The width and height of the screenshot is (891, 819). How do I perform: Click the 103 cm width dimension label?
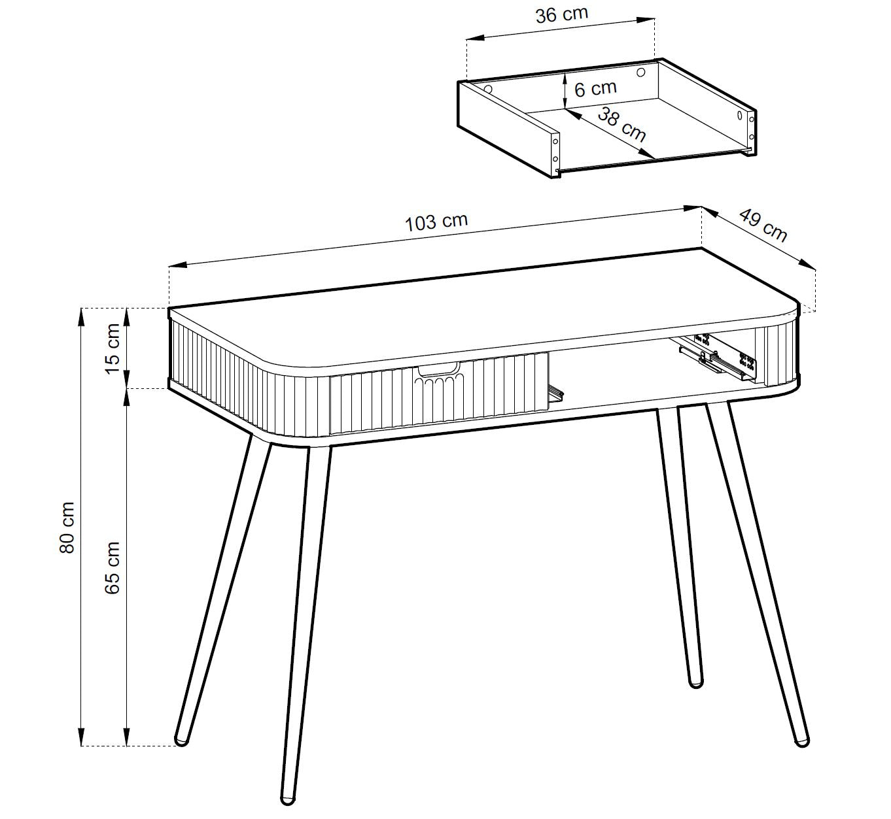(436, 222)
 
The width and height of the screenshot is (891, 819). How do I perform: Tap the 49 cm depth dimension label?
(763, 226)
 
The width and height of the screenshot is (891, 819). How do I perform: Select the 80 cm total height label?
(67, 527)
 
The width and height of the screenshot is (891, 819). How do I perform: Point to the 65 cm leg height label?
(113, 568)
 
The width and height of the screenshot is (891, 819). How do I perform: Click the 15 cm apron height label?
(113, 349)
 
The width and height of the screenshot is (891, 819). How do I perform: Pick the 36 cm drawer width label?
(561, 14)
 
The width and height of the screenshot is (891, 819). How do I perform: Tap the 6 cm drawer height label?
(595, 88)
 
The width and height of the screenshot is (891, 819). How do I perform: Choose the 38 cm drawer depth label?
(621, 125)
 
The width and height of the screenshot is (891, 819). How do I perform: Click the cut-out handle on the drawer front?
(438, 370)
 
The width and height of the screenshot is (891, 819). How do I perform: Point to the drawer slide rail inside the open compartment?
(716, 359)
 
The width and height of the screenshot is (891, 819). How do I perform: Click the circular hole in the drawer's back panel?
(641, 71)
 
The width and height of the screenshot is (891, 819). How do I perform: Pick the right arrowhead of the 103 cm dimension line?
(693, 208)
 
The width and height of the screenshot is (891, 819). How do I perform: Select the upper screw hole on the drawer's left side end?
(555, 142)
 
